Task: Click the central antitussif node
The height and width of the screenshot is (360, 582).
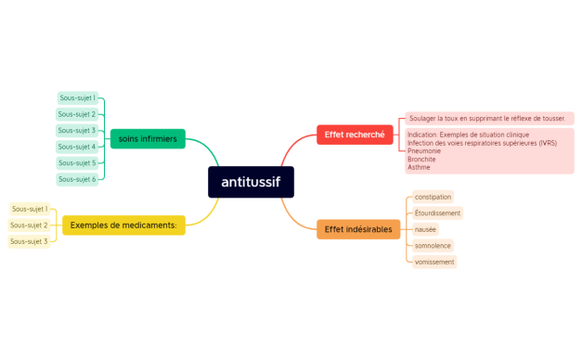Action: [251, 181]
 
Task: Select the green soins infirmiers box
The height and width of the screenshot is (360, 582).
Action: [147, 139]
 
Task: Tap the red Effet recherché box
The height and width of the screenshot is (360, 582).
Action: [354, 135]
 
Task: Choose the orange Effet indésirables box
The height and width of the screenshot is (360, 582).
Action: [357, 229]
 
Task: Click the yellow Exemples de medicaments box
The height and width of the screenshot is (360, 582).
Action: [124, 225]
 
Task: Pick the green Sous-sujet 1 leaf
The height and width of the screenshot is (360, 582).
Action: [77, 97]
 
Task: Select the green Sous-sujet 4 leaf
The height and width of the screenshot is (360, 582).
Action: [77, 147]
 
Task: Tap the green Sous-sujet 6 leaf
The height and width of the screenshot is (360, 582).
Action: [77, 179]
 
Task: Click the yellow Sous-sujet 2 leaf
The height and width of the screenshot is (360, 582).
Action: [30, 225]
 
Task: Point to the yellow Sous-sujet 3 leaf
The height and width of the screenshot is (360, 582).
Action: [30, 241]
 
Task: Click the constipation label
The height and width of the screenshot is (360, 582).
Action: [433, 197]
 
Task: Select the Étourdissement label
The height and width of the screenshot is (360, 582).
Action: [438, 213]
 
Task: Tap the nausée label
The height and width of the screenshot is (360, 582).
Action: [426, 229]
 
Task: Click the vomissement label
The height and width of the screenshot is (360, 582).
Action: [435, 263]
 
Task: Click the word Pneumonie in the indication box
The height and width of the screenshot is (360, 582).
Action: [423, 151]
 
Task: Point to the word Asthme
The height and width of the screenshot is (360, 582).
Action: [419, 167]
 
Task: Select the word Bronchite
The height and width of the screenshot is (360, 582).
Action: [421, 160]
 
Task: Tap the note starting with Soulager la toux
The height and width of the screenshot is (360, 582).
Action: [487, 119]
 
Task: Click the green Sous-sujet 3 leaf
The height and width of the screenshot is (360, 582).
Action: [77, 130]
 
